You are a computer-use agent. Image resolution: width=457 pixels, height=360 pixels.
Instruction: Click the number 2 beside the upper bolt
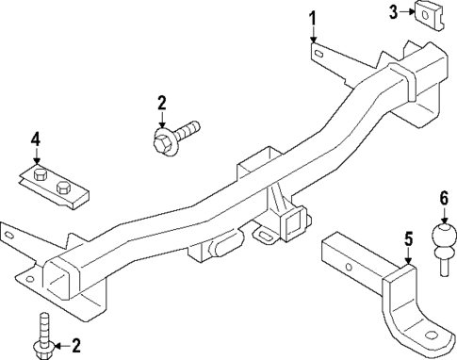click(x=162, y=102)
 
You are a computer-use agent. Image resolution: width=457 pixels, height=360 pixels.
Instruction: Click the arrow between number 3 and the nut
click(x=407, y=11)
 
